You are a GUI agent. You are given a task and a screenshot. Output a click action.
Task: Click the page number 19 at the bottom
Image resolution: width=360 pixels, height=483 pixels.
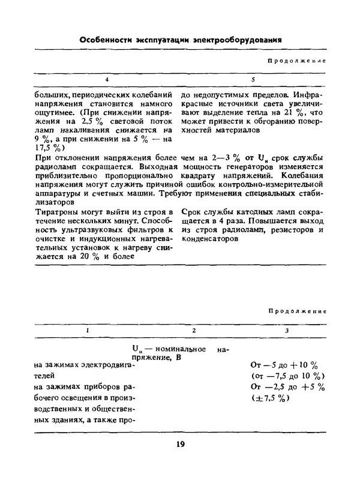[x=181, y=444]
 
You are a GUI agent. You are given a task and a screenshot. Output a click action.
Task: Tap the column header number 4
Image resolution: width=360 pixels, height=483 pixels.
[x=107, y=80]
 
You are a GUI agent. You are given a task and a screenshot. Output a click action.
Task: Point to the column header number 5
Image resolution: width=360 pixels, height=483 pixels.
[x=253, y=80]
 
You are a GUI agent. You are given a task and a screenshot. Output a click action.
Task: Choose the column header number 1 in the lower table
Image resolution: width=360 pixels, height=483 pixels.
[x=88, y=331]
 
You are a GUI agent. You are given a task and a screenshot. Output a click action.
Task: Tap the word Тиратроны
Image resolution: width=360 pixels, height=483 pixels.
[x=58, y=212]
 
